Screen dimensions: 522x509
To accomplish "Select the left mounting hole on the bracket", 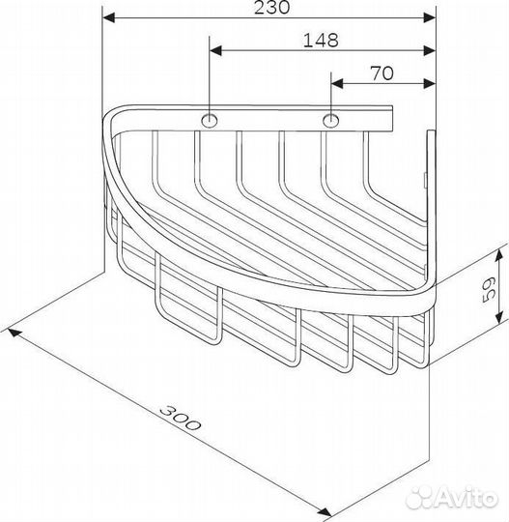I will pos(210,121).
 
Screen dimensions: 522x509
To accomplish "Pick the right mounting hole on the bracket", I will pos(331,121).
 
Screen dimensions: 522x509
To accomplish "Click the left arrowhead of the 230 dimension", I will pos(109,17).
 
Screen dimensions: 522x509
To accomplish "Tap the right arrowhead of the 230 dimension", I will pos(424,17).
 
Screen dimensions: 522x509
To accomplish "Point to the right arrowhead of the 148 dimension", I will pos(424,49).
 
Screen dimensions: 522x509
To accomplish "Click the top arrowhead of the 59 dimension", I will pos(498,253).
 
